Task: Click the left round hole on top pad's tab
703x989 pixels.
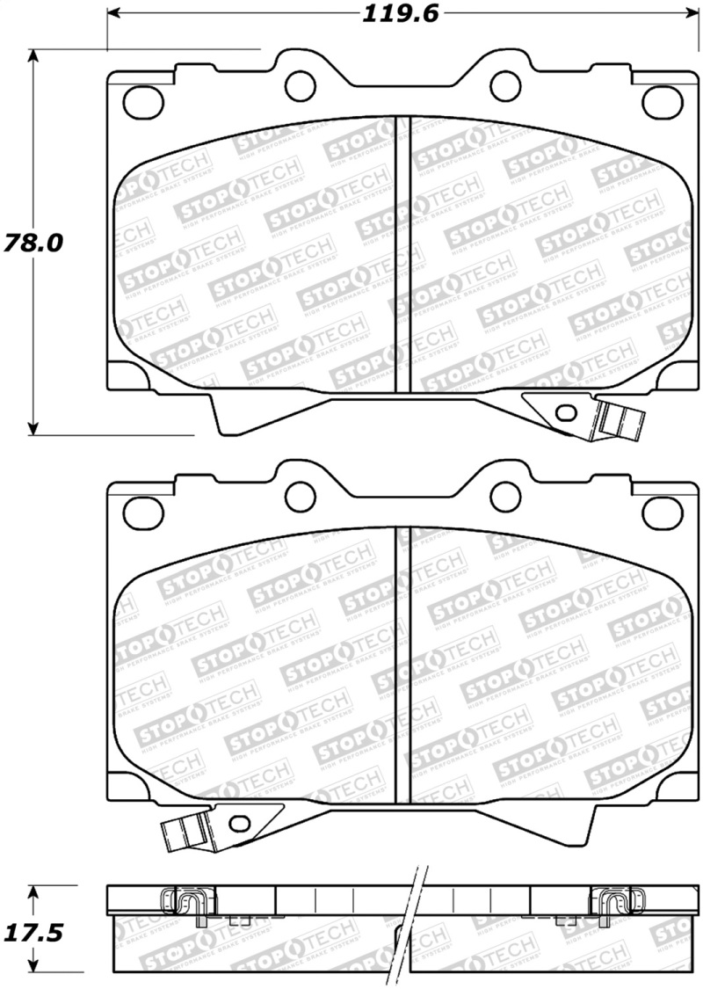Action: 301,84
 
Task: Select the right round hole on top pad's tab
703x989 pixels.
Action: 504,85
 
